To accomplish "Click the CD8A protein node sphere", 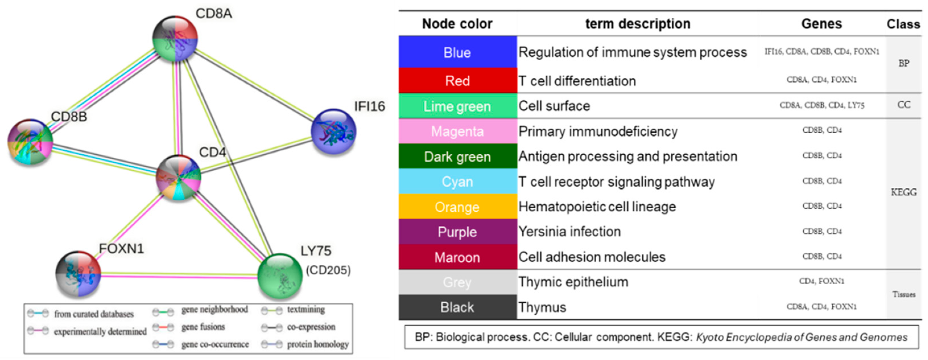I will point(175,38).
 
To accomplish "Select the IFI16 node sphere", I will point(334,131).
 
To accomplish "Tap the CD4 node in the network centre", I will point(178,178).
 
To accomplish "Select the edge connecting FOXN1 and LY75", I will point(179,275).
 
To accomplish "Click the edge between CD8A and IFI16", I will point(254,85).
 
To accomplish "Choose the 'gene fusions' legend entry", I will point(203,327).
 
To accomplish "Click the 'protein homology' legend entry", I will point(317,344).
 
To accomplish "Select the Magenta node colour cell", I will point(457,131).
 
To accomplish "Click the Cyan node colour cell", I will point(457,182).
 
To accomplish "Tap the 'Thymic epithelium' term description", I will point(573,282).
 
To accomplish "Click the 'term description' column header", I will point(638,24).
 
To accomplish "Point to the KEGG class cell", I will point(904,192).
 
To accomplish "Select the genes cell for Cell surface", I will point(822,105).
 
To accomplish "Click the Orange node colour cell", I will point(457,207).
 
